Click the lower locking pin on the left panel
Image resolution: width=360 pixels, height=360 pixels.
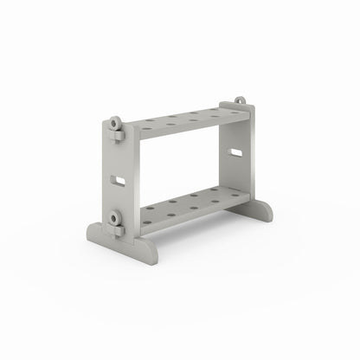pyautogui.click(x=116, y=217)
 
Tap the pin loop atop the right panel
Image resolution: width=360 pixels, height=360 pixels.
pyautogui.click(x=240, y=101)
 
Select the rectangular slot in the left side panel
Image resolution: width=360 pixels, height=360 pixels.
pyautogui.click(x=119, y=180)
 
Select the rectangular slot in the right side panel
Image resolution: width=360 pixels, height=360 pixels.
pyautogui.click(x=235, y=153)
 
